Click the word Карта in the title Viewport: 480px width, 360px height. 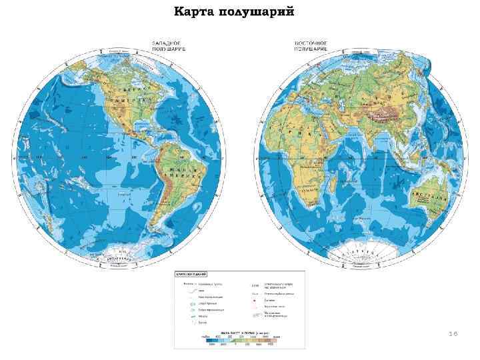(x=195, y=12)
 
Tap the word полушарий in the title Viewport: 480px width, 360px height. (x=255, y=12)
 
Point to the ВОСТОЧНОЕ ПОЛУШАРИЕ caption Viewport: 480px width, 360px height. (x=311, y=46)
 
